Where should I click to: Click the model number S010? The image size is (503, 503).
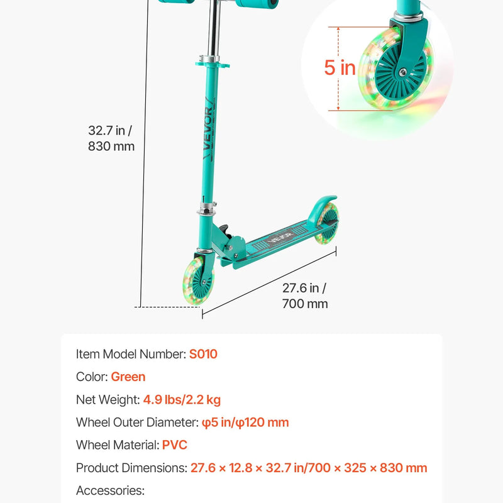tap(203, 354)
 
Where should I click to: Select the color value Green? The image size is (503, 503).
tap(128, 377)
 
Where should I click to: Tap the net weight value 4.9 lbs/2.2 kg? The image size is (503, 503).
tap(182, 400)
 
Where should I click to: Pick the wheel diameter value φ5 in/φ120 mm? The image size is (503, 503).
tap(245, 423)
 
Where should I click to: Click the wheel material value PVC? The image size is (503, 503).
tap(175, 445)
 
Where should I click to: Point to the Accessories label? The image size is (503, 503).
tap(111, 490)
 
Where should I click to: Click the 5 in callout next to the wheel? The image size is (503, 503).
tap(340, 67)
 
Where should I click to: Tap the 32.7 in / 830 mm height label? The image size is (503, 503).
tap(111, 138)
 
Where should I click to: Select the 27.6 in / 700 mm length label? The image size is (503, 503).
tap(305, 296)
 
